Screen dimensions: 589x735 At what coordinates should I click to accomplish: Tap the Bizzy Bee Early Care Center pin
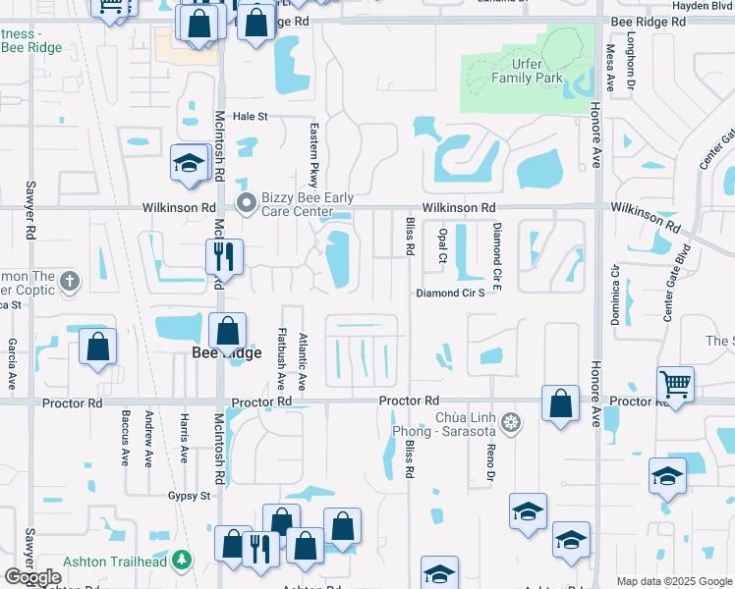[247, 203]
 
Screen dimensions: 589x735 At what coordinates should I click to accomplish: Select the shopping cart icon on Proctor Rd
[675, 384]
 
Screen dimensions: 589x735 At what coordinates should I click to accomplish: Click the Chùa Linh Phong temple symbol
[510, 423]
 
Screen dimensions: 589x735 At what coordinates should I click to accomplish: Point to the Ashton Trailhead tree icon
[181, 560]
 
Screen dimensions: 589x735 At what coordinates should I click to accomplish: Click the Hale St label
[250, 116]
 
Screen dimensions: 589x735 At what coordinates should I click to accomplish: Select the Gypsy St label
[189, 496]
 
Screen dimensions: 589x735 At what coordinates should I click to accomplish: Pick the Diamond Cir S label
[450, 293]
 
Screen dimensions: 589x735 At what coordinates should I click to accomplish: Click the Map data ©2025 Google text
[674, 581]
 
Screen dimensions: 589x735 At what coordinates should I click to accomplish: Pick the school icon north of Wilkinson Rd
[187, 163]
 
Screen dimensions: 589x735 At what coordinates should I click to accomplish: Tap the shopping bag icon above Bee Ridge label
[227, 331]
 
